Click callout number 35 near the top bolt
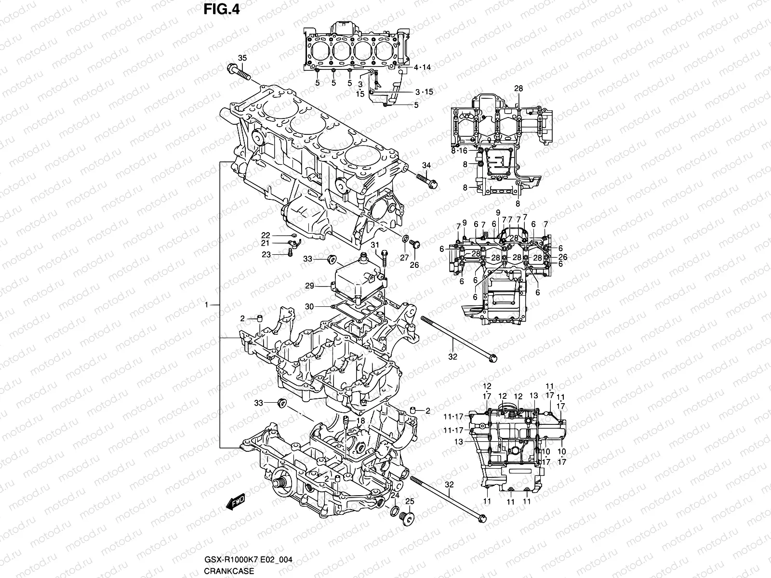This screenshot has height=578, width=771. pyautogui.click(x=242, y=58)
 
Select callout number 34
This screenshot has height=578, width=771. pyautogui.click(x=426, y=166)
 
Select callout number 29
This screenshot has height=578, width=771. pyautogui.click(x=309, y=286)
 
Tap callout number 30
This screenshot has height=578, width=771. pyautogui.click(x=309, y=306)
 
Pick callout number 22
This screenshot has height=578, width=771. pyautogui.click(x=266, y=235)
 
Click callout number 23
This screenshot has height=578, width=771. pyautogui.click(x=266, y=255)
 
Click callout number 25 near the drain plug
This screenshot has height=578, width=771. pyautogui.click(x=410, y=502)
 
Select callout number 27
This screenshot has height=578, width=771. pyautogui.click(x=404, y=258)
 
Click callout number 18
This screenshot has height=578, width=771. pyautogui.click(x=361, y=420)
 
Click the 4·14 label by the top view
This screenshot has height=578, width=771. pyautogui.click(x=422, y=67)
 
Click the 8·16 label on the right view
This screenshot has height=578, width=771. pyautogui.click(x=459, y=151)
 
